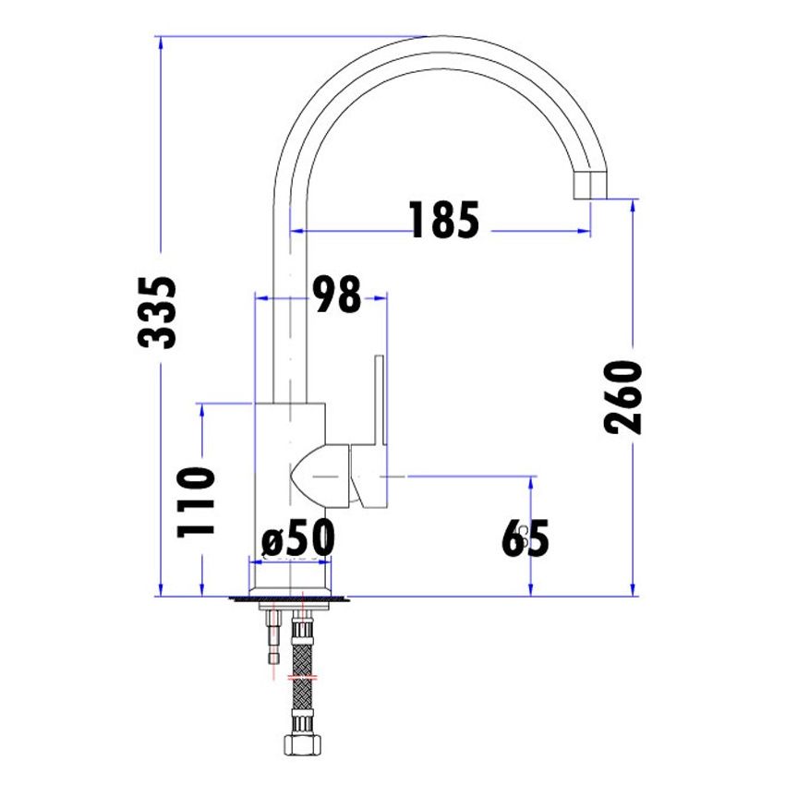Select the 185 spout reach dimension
(444, 220)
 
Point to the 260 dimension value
(624, 397)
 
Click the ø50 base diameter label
(297, 539)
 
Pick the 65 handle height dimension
(525, 539)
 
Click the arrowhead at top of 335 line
(161, 42)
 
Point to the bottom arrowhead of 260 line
(633, 590)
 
